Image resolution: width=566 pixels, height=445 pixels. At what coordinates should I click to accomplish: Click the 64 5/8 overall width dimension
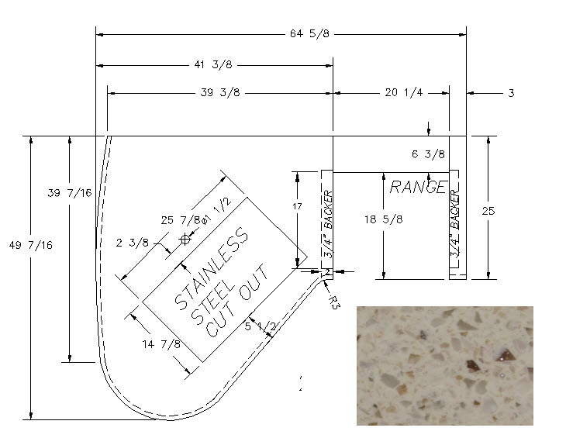[309, 33]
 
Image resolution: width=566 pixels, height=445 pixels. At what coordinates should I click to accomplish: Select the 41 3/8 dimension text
[213, 64]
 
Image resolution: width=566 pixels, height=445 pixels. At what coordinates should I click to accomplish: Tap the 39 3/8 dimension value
[220, 92]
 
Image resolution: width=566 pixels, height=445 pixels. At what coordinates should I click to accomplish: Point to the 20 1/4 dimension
[403, 92]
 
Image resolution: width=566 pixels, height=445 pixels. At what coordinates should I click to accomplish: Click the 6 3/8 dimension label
[428, 154]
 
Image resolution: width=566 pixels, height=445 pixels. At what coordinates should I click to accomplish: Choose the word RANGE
[419, 187]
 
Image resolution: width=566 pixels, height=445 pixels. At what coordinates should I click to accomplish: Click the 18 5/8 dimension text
[383, 219]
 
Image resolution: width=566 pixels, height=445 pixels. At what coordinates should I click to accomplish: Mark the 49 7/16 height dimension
[31, 245]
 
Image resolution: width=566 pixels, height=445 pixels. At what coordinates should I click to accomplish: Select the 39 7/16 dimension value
[70, 193]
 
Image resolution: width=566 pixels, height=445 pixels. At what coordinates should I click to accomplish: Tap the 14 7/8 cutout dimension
[161, 344]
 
